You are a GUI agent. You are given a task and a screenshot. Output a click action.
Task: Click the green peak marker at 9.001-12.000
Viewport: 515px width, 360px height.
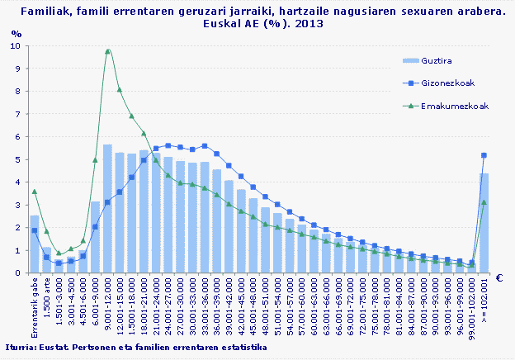(107, 51)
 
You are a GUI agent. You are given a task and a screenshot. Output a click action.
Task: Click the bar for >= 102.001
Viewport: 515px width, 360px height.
(484, 223)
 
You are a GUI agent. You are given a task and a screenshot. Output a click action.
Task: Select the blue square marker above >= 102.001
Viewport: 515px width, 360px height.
(484, 155)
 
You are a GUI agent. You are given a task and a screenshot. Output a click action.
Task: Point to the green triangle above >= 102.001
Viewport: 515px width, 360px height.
(484, 201)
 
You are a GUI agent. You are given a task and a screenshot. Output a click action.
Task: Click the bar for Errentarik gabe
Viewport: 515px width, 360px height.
(35, 244)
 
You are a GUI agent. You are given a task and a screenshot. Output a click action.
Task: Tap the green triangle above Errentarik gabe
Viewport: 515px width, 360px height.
(34, 192)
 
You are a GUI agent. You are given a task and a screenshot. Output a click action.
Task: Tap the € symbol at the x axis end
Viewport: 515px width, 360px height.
(499, 278)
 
